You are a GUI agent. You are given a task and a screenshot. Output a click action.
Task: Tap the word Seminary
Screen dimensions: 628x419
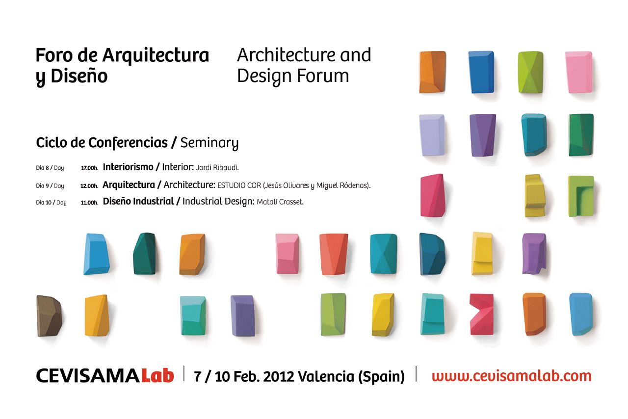(209, 143)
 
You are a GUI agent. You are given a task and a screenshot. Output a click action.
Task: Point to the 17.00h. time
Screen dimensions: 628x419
(90, 168)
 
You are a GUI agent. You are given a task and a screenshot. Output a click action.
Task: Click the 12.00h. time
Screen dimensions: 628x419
(89, 186)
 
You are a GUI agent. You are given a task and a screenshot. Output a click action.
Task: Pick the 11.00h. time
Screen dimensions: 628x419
(90, 203)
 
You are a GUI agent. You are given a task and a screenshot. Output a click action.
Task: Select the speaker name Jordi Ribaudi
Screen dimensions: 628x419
(217, 168)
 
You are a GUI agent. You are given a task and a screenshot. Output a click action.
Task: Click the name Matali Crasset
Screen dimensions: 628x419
(280, 202)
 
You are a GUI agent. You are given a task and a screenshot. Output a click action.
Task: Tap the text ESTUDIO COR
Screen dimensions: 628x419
(239, 185)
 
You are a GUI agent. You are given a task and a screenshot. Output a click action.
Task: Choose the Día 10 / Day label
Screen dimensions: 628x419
(51, 203)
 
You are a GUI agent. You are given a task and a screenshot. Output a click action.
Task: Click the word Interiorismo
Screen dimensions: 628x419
(128, 167)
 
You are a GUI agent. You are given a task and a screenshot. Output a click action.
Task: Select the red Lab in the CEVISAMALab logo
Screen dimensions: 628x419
(157, 376)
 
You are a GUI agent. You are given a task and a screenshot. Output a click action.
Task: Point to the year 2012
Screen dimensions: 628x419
(279, 376)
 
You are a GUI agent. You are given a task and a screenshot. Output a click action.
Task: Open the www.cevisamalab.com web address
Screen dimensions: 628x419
(512, 376)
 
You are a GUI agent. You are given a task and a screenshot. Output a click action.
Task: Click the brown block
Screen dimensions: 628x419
(50, 316)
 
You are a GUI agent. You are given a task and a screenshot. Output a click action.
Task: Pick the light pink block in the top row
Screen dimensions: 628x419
(578, 72)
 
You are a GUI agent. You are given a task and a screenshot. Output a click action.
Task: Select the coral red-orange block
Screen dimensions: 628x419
(334, 254)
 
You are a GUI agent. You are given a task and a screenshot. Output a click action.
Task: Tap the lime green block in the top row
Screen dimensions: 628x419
(530, 72)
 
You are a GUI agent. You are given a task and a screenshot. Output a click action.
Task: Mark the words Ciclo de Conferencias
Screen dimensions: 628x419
(102, 143)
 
